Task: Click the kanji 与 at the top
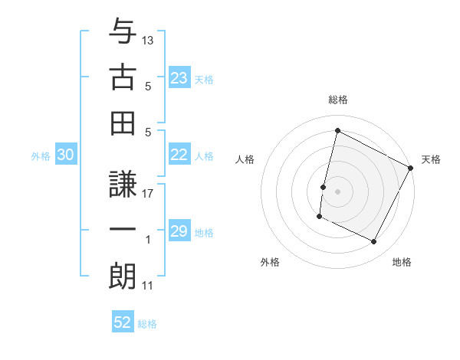point(123,33)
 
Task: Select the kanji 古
point(123,77)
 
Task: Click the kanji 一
point(123,229)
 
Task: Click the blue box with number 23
point(179,78)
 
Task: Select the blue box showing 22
point(179,155)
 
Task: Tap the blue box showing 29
point(179,231)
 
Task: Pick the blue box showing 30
point(65,155)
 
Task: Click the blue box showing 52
point(123,322)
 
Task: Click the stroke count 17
point(148,194)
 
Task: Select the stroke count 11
point(148,286)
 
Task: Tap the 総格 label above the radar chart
point(338,100)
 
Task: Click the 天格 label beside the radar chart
point(432,159)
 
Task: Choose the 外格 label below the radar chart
point(270,262)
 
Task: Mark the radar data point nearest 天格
point(411,168)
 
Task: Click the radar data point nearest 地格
point(374,242)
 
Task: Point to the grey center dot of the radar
point(338,191)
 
